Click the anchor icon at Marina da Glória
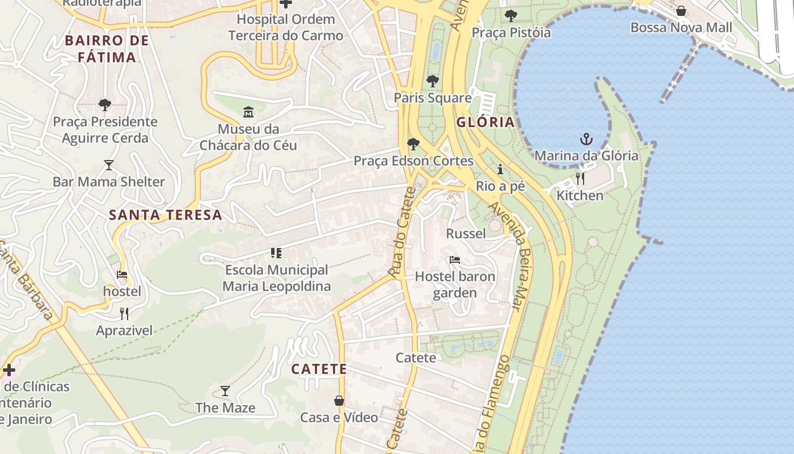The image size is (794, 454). click(x=586, y=139)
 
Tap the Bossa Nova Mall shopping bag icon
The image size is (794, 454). click(x=681, y=11)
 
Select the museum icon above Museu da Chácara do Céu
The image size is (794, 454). click(x=248, y=112)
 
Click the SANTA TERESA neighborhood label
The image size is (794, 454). click(x=165, y=215)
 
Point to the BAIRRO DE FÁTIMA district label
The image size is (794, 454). click(x=107, y=49)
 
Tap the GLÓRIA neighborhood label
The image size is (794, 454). click(x=485, y=122)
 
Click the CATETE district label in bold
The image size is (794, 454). click(x=319, y=369)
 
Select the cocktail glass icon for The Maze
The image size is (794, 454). click(x=225, y=390)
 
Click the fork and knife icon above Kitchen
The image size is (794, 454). click(x=580, y=179)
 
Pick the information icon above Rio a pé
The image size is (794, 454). click(x=500, y=169)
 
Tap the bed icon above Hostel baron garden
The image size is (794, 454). click(x=454, y=260)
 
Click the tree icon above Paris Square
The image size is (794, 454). click(x=433, y=81)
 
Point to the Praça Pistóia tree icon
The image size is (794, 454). click(x=511, y=15)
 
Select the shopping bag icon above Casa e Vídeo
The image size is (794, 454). click(x=339, y=401)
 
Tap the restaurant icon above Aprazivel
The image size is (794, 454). click(x=124, y=313)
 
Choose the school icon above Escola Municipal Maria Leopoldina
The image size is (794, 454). click(x=276, y=253)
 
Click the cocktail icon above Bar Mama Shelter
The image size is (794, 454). click(x=108, y=165)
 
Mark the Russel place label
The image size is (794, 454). click(x=466, y=234)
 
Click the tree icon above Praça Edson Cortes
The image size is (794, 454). click(x=413, y=144)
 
